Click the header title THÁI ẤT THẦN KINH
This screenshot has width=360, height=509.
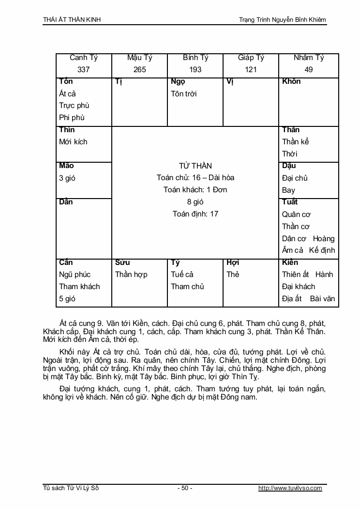click(x=72, y=20)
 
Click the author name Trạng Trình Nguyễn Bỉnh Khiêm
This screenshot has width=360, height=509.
click(x=283, y=20)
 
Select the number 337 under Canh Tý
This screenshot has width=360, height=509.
click(x=84, y=70)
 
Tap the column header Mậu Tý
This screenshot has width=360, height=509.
click(x=139, y=58)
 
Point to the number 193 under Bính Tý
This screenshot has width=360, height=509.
click(x=195, y=70)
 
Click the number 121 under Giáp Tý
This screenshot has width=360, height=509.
click(x=251, y=70)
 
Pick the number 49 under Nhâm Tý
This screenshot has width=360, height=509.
click(x=309, y=70)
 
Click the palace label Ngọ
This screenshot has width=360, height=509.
click(x=178, y=81)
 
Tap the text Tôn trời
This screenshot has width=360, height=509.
click(x=184, y=93)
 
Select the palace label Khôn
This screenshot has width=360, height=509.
click(x=291, y=81)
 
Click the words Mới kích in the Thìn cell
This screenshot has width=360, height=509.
click(x=73, y=142)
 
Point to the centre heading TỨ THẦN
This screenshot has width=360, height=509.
click(x=195, y=166)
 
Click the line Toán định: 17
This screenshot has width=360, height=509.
click(x=195, y=214)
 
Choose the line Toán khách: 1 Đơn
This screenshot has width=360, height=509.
click(x=195, y=190)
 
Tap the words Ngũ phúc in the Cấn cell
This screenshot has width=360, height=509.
click(x=75, y=275)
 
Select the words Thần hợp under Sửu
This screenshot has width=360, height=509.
click(x=131, y=275)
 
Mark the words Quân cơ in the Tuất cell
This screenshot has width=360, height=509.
click(x=296, y=214)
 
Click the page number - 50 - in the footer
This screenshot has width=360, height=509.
click(x=184, y=488)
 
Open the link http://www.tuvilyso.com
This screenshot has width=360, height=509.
click(x=290, y=488)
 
